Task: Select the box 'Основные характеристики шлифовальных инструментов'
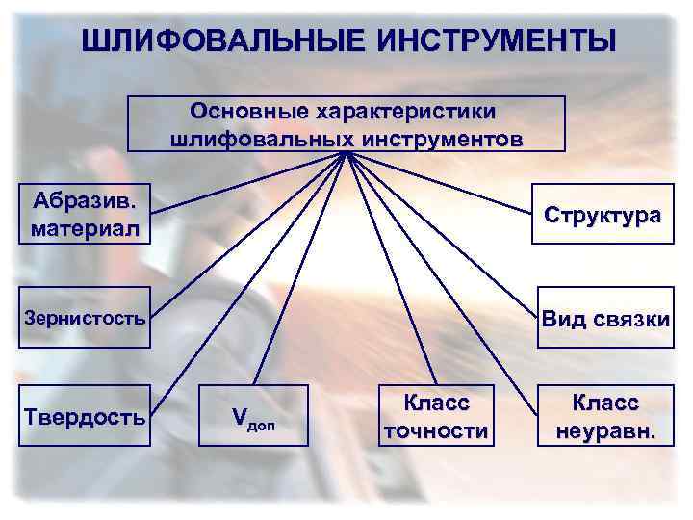pyautogui.click(x=346, y=123)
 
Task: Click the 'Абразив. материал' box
pyautogui.click(x=84, y=215)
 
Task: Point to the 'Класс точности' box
pyautogui.click(x=435, y=416)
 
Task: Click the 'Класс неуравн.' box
pyautogui.click(x=605, y=416)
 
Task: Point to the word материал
pyautogui.click(x=84, y=230)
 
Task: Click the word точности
pyautogui.click(x=435, y=430)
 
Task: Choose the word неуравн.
pyautogui.click(x=605, y=430)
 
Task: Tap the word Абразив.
pyautogui.click(x=84, y=201)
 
